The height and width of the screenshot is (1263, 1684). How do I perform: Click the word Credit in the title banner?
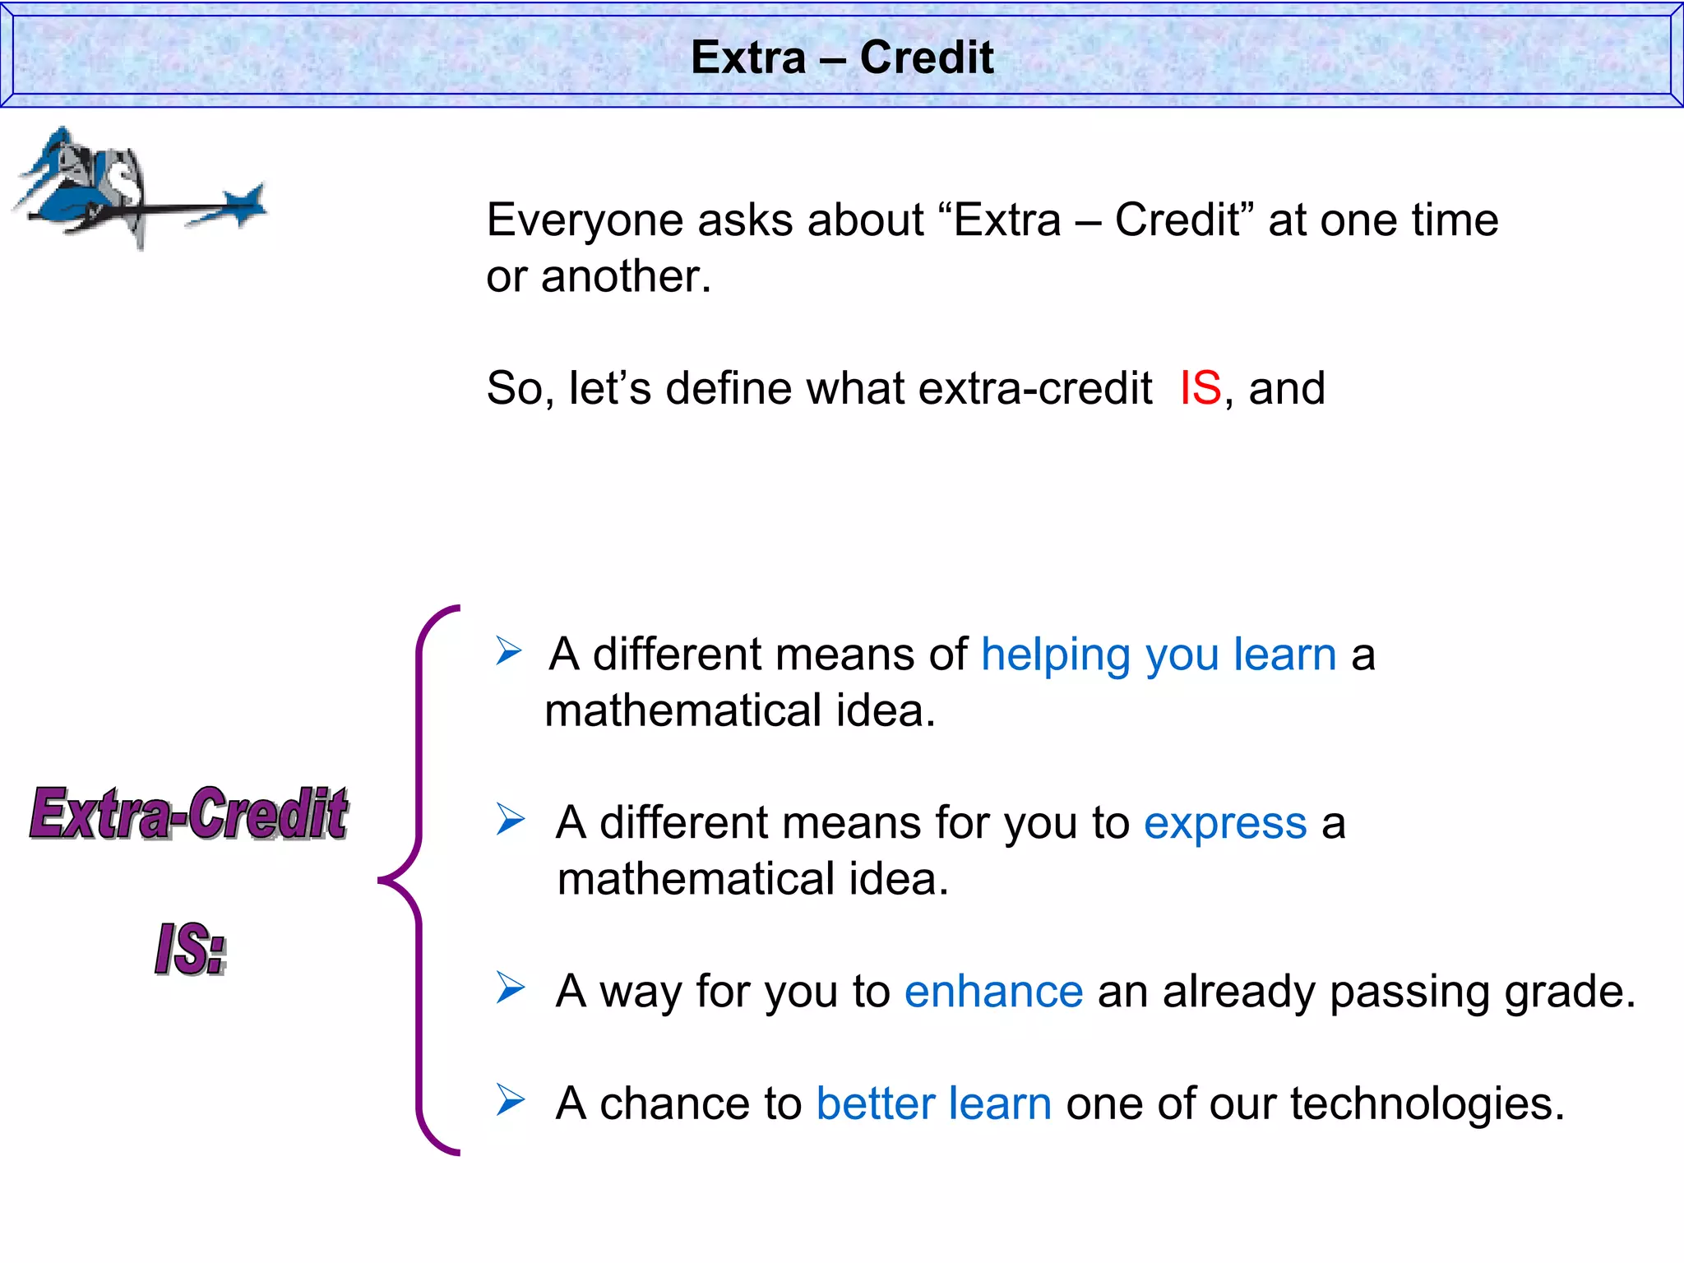coord(927,58)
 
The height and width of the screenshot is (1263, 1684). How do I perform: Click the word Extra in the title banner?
coord(748,58)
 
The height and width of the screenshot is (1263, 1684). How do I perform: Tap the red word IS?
coord(1201,388)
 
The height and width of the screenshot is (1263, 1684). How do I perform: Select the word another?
coord(625,276)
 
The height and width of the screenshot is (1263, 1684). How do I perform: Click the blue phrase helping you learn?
coord(1159,655)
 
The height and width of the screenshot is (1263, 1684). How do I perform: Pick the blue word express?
coord(1225,823)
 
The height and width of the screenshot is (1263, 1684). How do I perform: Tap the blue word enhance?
coord(993,992)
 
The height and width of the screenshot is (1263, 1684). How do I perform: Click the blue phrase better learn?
coord(933,1103)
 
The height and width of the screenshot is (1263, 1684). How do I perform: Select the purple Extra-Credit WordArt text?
coord(189,814)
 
